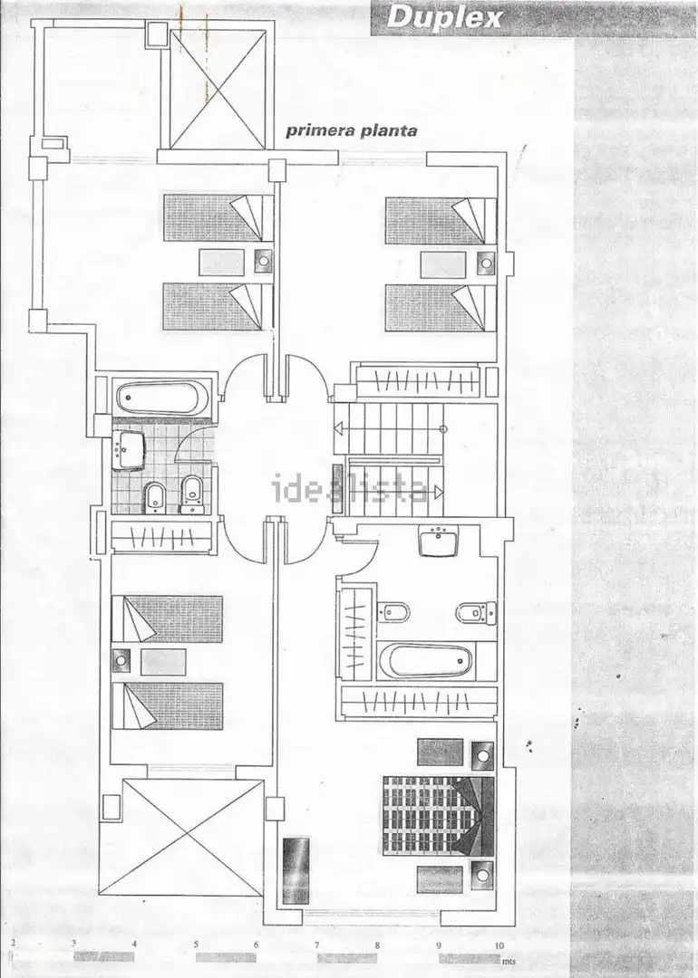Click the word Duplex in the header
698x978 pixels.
pyautogui.click(x=444, y=17)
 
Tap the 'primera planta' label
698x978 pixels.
pyautogui.click(x=352, y=130)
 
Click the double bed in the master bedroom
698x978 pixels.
pyautogui.click(x=438, y=816)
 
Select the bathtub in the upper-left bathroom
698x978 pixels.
pyautogui.click(x=160, y=398)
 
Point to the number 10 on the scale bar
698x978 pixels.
pyautogui.click(x=499, y=944)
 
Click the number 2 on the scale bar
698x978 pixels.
pyautogui.click(x=13, y=943)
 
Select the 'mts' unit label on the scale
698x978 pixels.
pyautogui.click(x=511, y=962)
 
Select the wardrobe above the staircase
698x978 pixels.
pyautogui.click(x=417, y=380)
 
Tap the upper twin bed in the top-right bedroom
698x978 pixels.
pyautogui.click(x=441, y=221)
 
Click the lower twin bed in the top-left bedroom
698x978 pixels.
pyautogui.click(x=218, y=307)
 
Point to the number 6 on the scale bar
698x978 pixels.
pyautogui.click(x=256, y=944)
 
